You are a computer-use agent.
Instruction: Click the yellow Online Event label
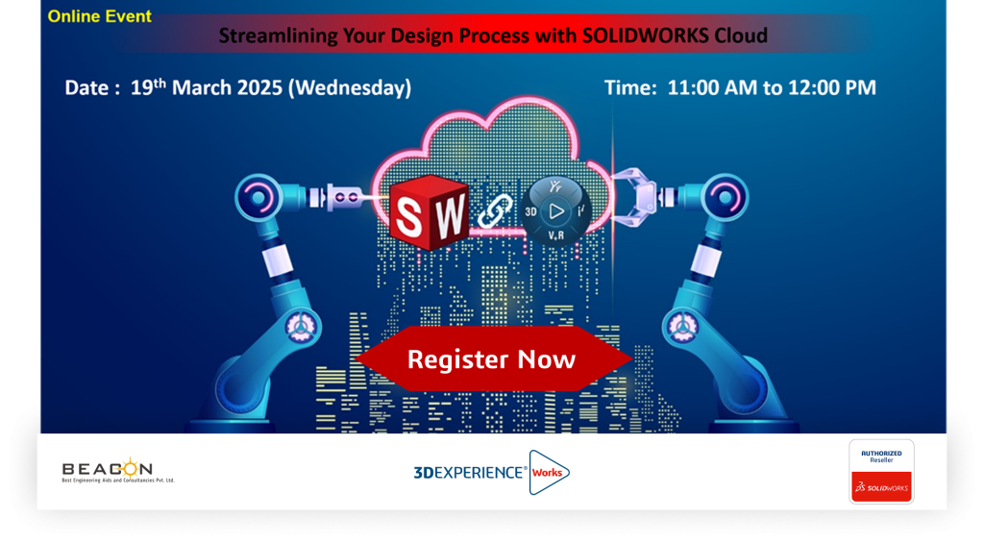(99, 16)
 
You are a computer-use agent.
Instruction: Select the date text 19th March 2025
(207, 86)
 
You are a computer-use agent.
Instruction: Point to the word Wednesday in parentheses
(350, 87)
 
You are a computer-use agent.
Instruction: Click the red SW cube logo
(430, 212)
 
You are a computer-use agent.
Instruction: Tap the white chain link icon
(495, 210)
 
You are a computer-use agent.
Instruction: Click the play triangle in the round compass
(556, 211)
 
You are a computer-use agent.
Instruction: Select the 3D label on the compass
(530, 211)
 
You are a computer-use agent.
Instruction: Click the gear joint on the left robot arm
(302, 327)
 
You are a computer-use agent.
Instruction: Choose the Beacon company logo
(118, 471)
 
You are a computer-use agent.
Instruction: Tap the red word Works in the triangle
(547, 473)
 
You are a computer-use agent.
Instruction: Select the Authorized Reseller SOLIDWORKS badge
(881, 472)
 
